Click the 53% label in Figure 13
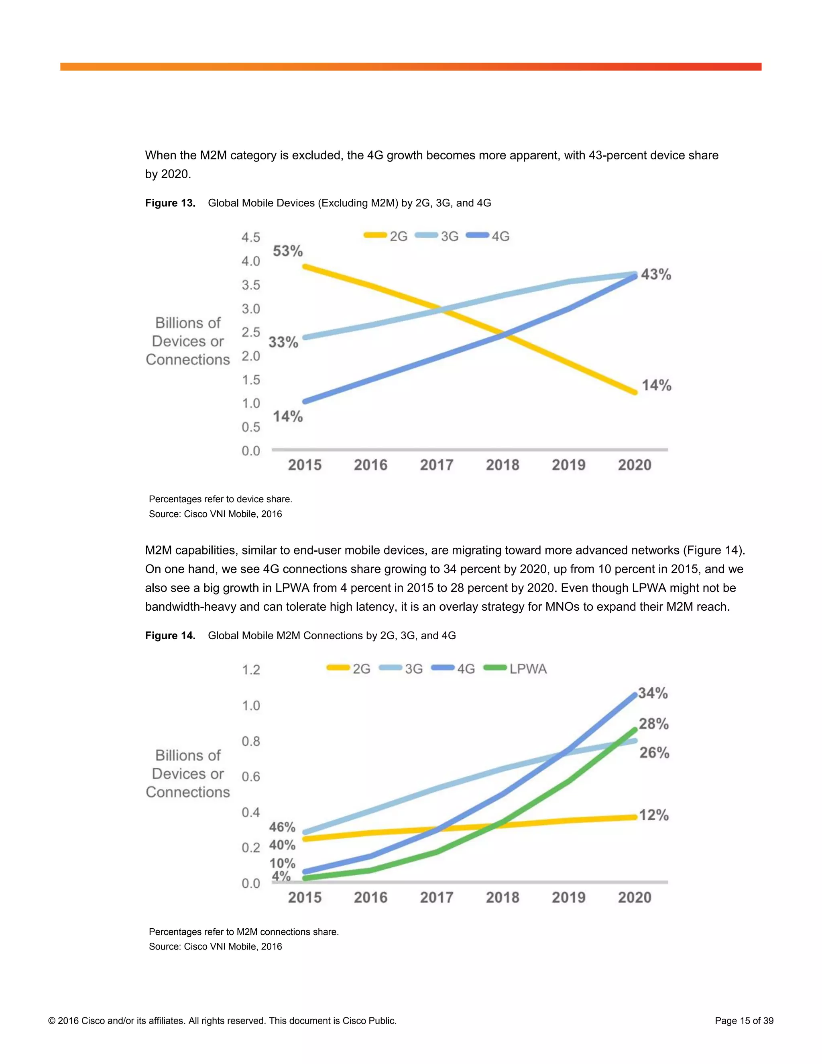point(288,251)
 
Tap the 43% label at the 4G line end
point(656,274)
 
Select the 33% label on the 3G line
point(283,342)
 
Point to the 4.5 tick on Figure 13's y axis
point(251,237)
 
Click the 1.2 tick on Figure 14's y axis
point(251,670)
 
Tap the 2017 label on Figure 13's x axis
point(436,465)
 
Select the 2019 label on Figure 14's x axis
point(568,897)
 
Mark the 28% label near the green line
point(653,724)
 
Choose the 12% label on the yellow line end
point(653,815)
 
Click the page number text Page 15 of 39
point(744,1021)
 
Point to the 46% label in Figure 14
point(283,827)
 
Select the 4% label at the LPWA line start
point(281,876)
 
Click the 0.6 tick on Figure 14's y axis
point(251,777)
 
